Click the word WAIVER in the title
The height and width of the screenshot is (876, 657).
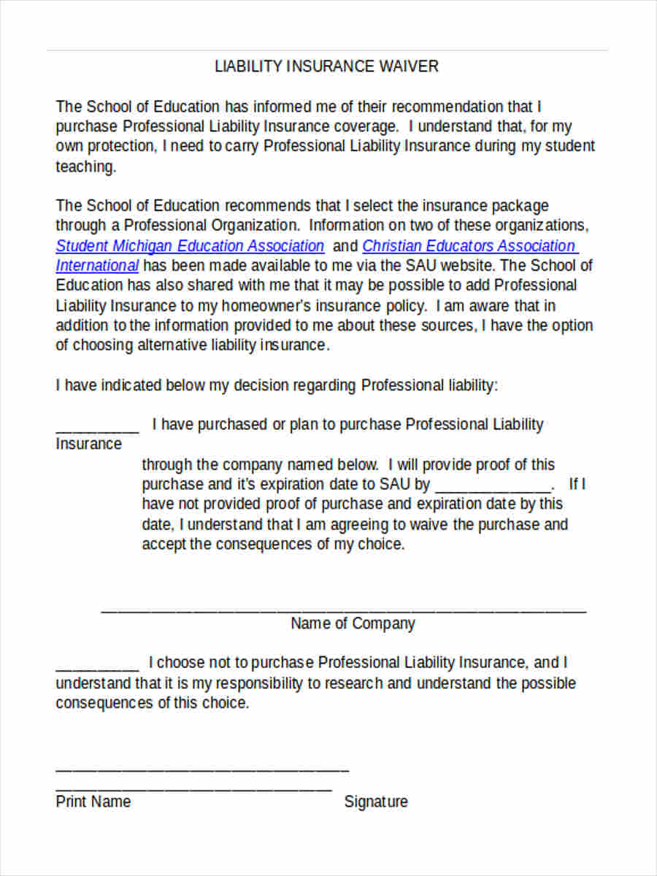coord(409,66)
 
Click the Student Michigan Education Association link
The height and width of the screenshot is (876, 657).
coord(190,246)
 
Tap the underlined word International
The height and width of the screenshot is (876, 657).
coord(97,266)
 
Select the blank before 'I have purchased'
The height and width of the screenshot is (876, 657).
coord(97,429)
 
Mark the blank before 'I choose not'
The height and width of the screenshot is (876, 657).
coord(97,667)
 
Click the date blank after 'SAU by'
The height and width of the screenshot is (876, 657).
coord(494,489)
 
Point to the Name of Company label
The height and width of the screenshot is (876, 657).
coord(353,623)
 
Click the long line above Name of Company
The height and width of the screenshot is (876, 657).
coord(343,610)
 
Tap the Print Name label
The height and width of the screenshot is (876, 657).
coord(93,802)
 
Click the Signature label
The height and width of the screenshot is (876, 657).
coord(376,802)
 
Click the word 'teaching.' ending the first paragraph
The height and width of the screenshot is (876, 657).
coord(86,166)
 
